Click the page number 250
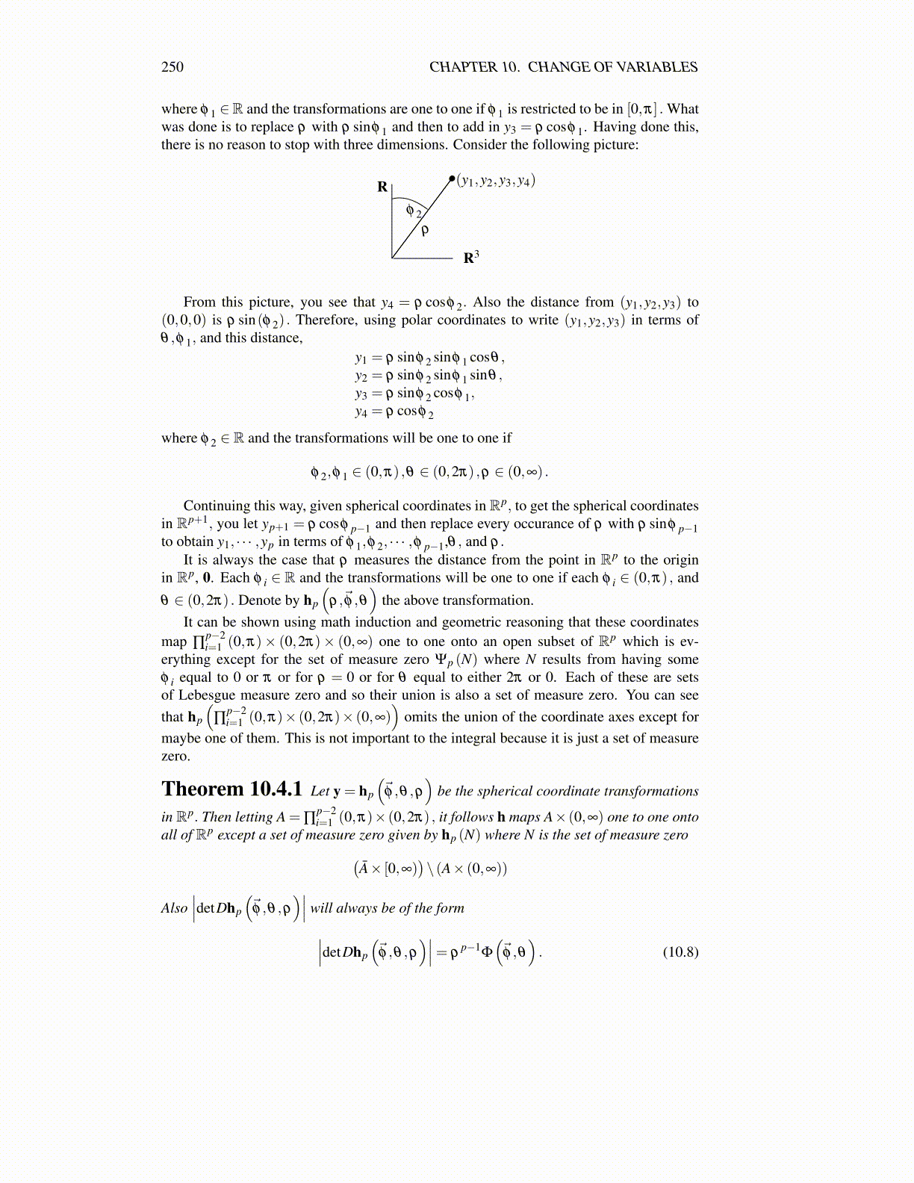click(172, 67)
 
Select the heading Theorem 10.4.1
click(231, 789)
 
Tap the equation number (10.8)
click(680, 951)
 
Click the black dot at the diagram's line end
click(452, 178)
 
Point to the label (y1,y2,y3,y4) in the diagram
click(497, 181)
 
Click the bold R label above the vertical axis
click(382, 187)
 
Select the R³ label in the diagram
click(470, 258)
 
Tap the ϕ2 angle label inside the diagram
click(413, 211)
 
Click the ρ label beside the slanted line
click(425, 231)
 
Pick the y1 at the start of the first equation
click(361, 358)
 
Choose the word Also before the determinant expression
click(174, 908)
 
